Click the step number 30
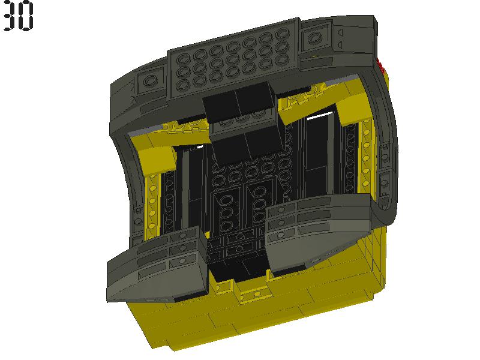18,16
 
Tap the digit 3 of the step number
10,16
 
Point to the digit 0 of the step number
26,16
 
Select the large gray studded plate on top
233,58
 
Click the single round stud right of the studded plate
313,38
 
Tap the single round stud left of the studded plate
149,80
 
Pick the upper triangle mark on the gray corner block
340,32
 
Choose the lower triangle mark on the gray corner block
340,45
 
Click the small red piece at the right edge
381,66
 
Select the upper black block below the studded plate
239,103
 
